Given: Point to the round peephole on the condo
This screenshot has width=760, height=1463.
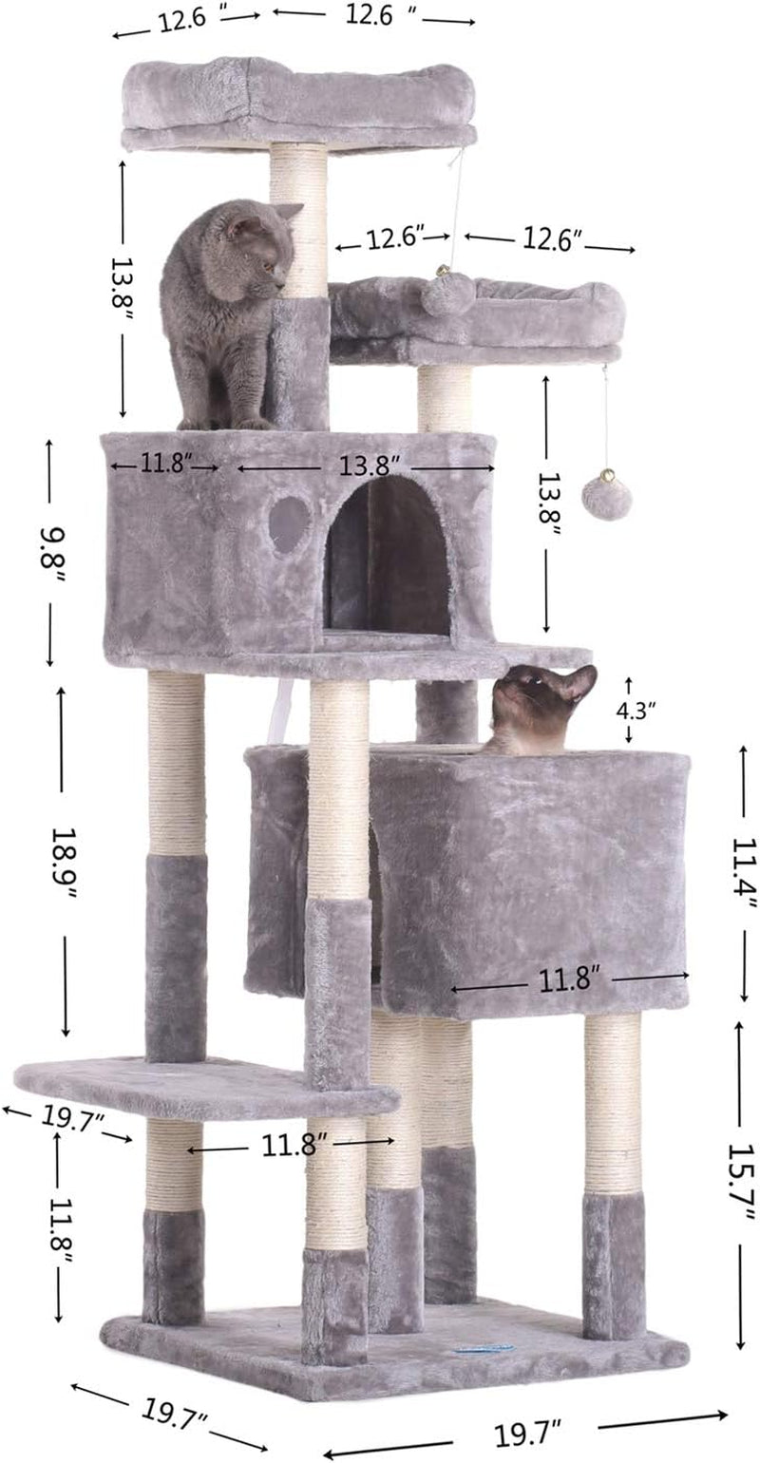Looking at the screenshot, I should [x=290, y=523].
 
